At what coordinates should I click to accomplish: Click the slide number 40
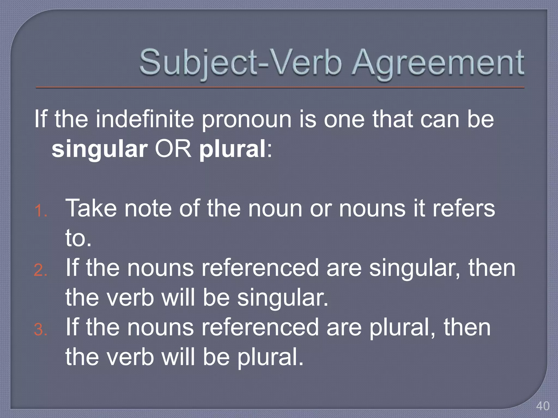pos(542,406)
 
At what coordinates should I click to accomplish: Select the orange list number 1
pos(41,211)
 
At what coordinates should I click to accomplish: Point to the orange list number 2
pos(41,270)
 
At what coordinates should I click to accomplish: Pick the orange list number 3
pos(41,330)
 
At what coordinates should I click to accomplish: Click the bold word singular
pos(99,149)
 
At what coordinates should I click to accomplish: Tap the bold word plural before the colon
pos(232,149)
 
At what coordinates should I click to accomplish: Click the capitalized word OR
pos(173,149)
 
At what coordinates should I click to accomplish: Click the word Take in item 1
pos(91,208)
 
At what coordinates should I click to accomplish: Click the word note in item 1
pos(148,208)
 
